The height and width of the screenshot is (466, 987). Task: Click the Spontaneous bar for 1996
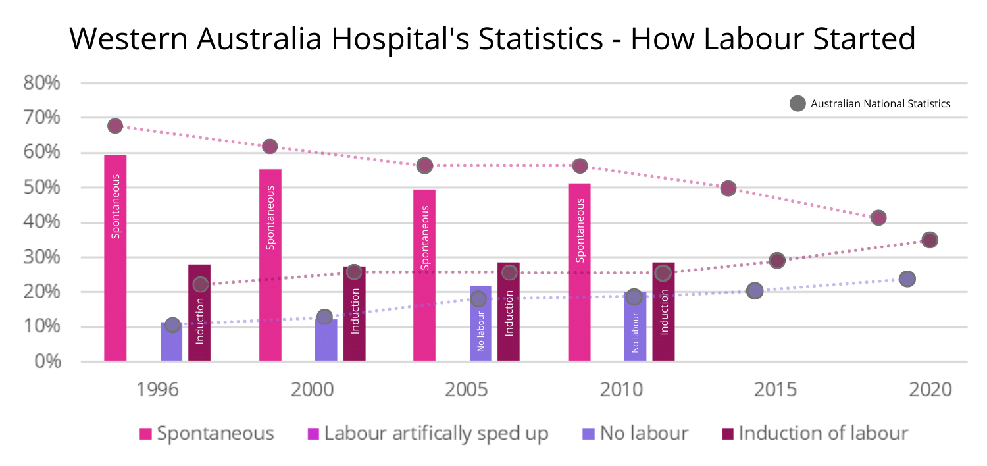coord(115,258)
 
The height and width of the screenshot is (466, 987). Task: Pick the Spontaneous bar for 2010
coord(579,272)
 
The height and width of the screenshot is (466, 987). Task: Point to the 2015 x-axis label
coord(774,390)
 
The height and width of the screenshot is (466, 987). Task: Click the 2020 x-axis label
coord(930,390)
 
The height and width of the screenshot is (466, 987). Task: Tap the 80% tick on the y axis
coord(42,84)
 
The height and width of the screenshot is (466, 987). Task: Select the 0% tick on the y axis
coord(47,361)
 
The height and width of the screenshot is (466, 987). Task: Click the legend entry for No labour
coord(636,434)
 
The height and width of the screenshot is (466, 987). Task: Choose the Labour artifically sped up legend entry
coord(428,434)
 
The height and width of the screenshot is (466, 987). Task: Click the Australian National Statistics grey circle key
coord(797,103)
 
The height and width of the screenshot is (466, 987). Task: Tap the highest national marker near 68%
coord(115,126)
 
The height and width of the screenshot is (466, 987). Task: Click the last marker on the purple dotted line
coord(907,279)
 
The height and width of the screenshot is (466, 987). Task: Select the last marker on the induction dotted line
coord(929,240)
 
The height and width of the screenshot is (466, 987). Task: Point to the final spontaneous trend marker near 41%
coord(878,218)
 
